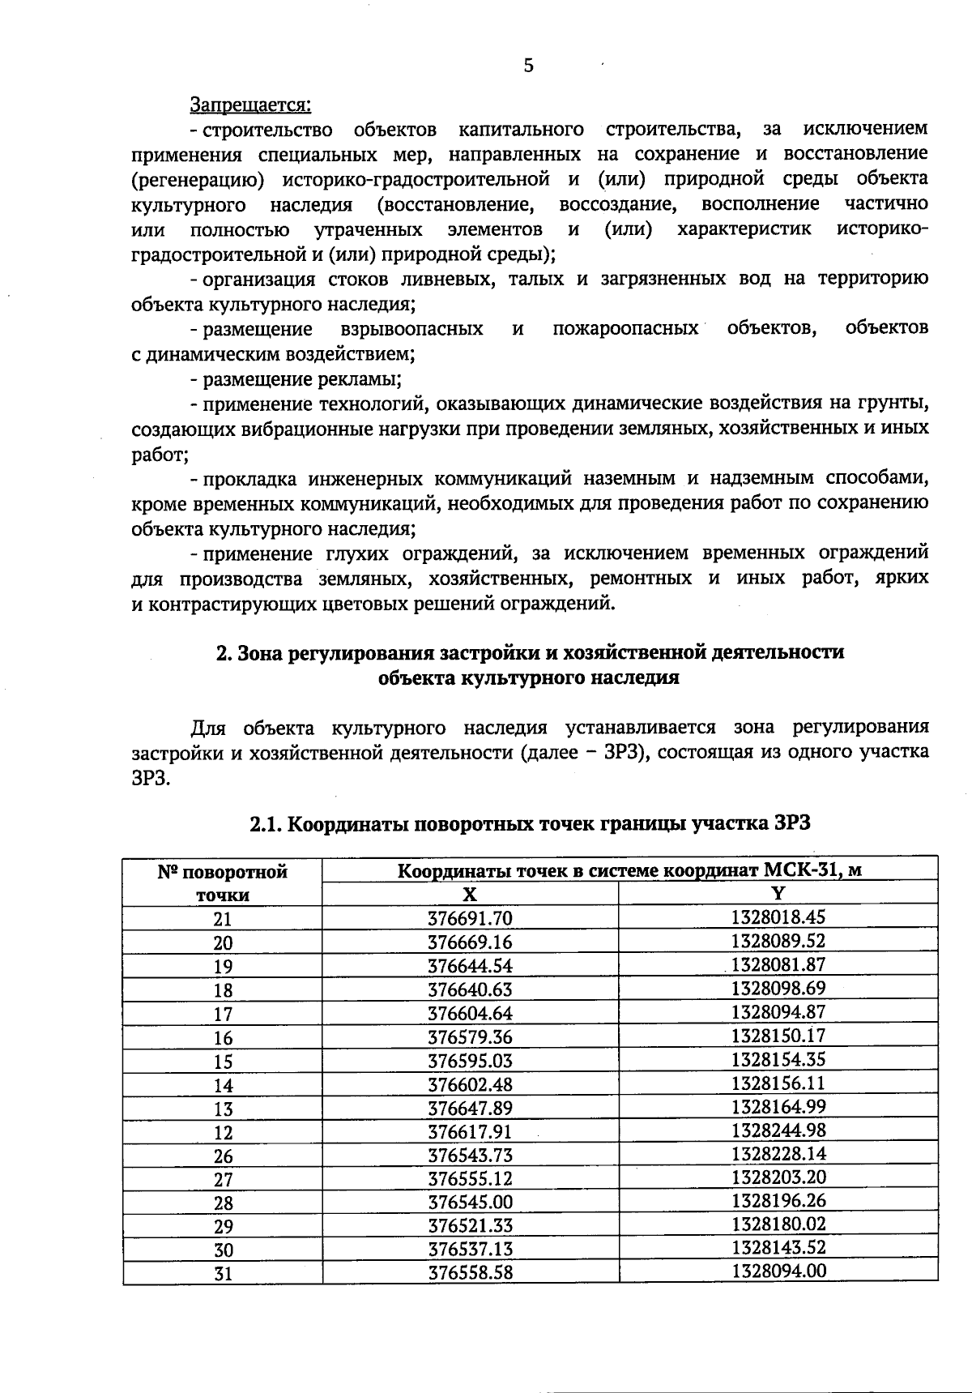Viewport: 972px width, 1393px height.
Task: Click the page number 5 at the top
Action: (x=528, y=66)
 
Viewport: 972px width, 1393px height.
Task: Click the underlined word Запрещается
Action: (x=250, y=105)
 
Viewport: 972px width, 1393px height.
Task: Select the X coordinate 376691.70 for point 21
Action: (x=470, y=918)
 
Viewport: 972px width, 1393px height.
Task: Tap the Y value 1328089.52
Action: (x=778, y=941)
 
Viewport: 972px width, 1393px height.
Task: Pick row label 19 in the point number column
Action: (x=223, y=966)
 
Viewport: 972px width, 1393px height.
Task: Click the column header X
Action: (x=470, y=894)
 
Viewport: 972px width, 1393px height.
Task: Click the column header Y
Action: (x=778, y=893)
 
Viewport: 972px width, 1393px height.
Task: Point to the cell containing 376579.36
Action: (x=470, y=1037)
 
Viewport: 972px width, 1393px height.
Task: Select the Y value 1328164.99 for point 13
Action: (x=778, y=1107)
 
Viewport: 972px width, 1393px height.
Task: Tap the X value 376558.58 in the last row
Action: (x=470, y=1272)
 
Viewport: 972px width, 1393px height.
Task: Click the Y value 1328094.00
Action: (x=778, y=1271)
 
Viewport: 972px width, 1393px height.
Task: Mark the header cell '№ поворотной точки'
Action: (x=223, y=883)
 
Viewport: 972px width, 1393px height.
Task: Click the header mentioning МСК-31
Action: (x=629, y=870)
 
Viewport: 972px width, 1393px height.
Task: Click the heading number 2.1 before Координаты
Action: (x=266, y=824)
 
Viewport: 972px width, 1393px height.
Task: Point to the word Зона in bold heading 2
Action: (x=262, y=652)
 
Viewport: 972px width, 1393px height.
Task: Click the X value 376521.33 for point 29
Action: (x=470, y=1225)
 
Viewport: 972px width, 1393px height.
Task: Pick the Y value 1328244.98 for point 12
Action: (x=778, y=1130)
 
